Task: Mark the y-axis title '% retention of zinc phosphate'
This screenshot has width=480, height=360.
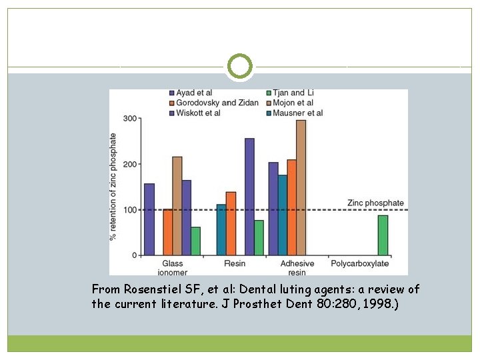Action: [x=113, y=187]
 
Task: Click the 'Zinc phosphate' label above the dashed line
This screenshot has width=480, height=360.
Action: [x=375, y=203]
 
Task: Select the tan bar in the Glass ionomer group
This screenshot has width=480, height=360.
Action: [x=177, y=206]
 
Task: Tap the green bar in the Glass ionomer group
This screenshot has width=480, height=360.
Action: [x=195, y=241]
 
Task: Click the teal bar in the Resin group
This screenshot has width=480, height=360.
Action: [x=221, y=230]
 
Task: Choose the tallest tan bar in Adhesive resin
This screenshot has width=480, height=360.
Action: [x=301, y=187]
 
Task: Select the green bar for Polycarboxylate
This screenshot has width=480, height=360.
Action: [x=383, y=235]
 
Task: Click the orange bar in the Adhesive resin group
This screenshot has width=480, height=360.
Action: [x=291, y=207]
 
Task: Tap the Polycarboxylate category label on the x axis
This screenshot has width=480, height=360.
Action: [x=360, y=264]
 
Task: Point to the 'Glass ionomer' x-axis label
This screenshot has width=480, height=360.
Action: [x=172, y=268]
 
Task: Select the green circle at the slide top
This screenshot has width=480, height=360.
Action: [x=240, y=67]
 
